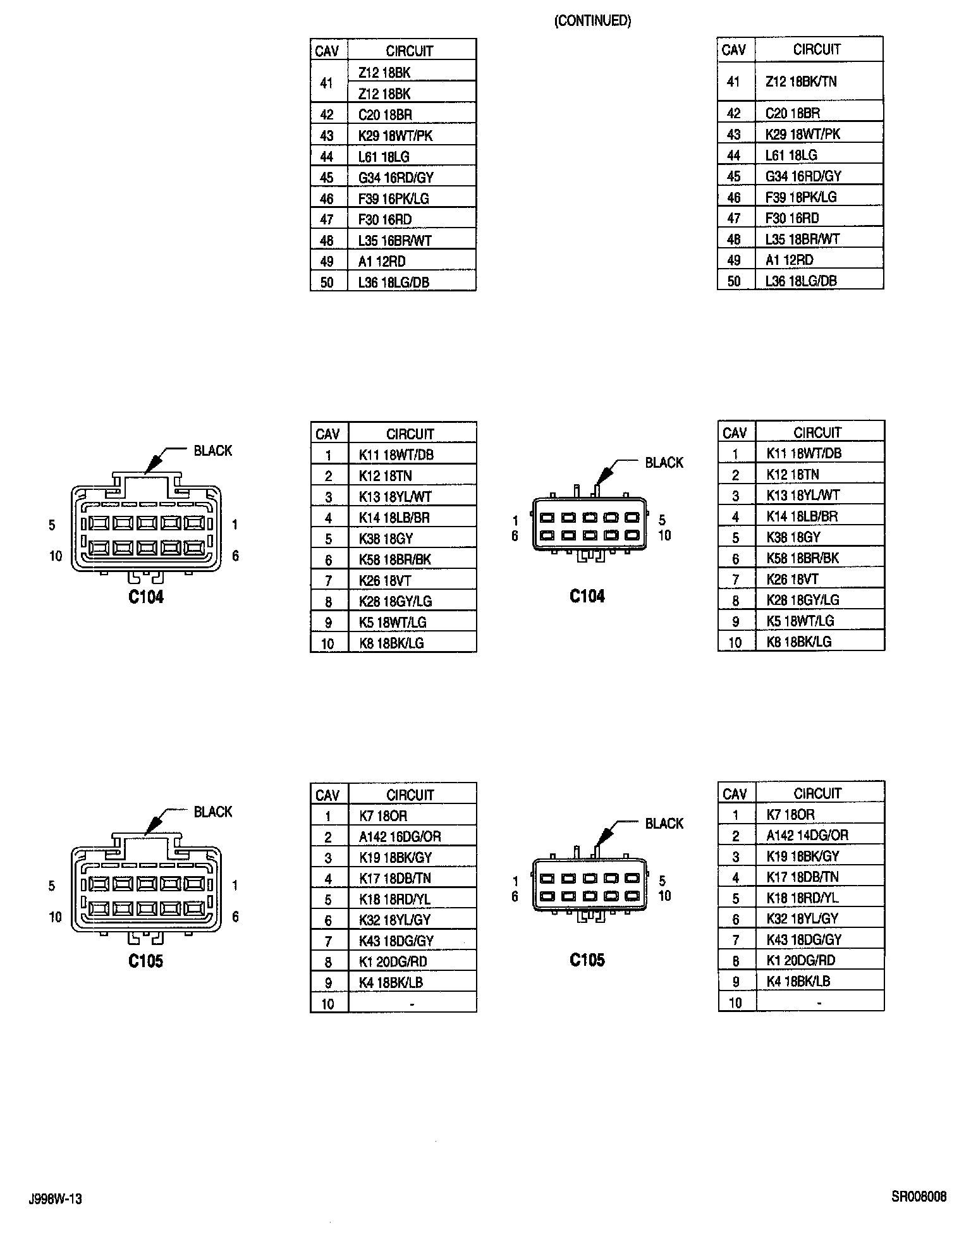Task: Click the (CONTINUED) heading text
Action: point(592,21)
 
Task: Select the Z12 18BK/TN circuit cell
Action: point(801,81)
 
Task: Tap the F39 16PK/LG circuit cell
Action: point(393,198)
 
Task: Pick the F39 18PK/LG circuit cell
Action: point(801,197)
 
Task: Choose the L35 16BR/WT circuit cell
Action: point(394,240)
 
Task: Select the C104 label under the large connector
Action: point(146,597)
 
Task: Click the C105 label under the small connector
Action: point(587,960)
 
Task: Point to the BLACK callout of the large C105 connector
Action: point(212,811)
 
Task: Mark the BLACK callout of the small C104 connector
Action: point(664,463)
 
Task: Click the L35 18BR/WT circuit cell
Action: point(802,239)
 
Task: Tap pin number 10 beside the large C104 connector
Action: point(56,556)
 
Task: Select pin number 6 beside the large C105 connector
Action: point(235,917)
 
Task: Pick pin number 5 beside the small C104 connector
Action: point(662,520)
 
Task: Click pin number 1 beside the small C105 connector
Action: point(515,881)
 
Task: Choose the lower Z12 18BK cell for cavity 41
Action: point(384,94)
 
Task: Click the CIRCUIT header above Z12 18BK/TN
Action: point(817,49)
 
